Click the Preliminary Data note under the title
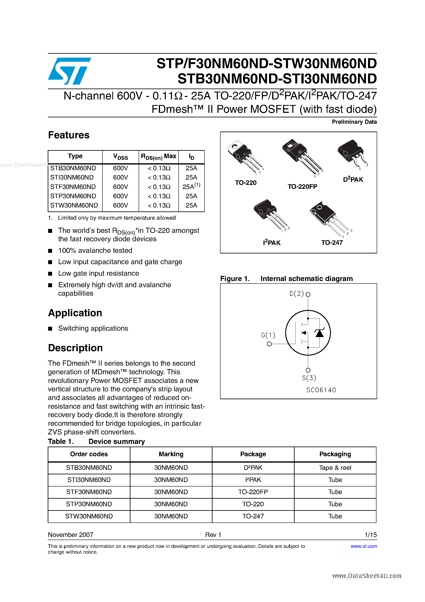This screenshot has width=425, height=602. tap(354, 122)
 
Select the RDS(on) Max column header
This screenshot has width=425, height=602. tap(159, 156)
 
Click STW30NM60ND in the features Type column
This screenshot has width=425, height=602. tap(74, 205)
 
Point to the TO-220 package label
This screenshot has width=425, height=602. tap(245, 183)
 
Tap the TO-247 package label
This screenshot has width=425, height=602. tap(332, 243)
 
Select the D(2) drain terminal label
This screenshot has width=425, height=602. tap(296, 294)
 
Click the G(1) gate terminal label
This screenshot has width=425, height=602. tap(268, 335)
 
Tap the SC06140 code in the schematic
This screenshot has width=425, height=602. tap(321, 390)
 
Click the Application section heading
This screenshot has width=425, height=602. tap(75, 313)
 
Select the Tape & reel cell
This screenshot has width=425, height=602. tap(335, 468)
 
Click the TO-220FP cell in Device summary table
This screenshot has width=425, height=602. tap(253, 492)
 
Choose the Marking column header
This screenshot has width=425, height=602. tap(171, 454)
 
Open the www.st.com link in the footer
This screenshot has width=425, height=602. tap(364, 546)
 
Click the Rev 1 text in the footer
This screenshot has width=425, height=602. tap(213, 535)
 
